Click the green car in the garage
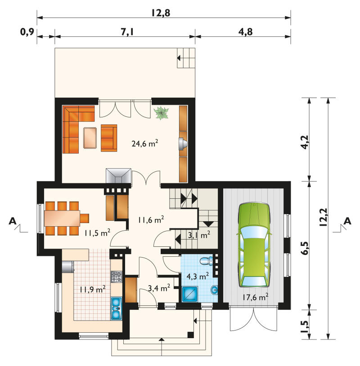(254, 245)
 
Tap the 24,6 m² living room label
(145, 143)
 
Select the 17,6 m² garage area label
(255, 297)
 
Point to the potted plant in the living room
(162, 113)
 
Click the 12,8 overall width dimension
(161, 13)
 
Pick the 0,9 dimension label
(27, 32)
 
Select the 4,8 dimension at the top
(246, 31)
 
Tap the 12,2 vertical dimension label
(324, 217)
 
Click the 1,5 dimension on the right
(305, 327)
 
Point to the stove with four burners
(117, 277)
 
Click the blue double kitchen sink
(116, 308)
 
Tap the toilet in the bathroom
(207, 260)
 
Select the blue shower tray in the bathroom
(190, 294)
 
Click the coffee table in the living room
(90, 138)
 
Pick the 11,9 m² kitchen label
(93, 290)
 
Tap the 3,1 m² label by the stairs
(199, 235)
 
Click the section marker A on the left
(13, 221)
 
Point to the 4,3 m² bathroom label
(198, 277)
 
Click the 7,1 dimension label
(127, 31)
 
